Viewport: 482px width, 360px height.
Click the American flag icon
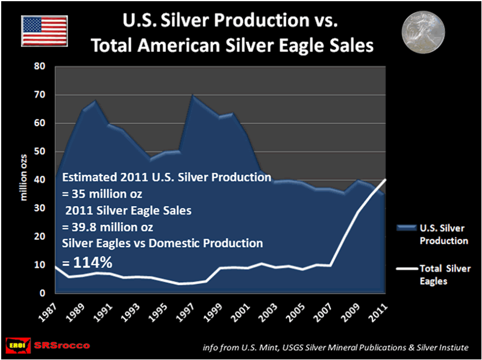point(44,31)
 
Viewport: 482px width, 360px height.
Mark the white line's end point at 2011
point(385,180)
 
